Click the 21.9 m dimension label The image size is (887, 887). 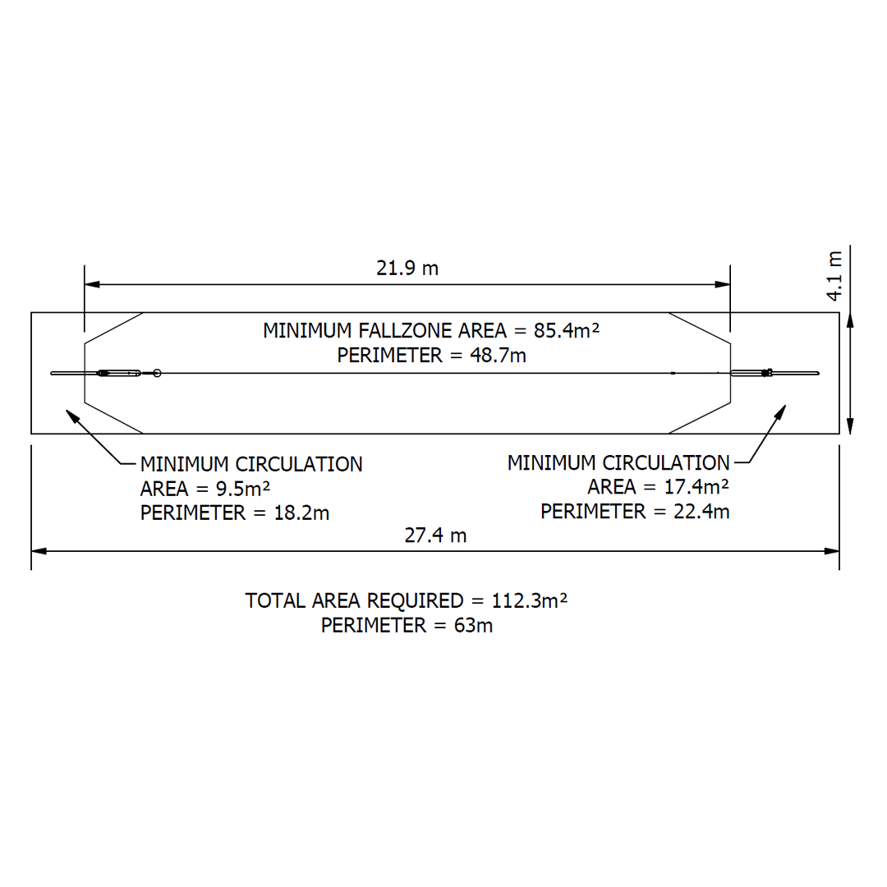click(x=407, y=268)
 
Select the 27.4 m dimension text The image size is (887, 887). click(x=435, y=535)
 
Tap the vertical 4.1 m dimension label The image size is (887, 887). click(x=834, y=276)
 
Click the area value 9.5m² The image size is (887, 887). click(x=243, y=489)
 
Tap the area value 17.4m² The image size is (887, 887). click(x=695, y=487)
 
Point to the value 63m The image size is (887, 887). click(x=473, y=625)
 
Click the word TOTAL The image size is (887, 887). click(x=276, y=600)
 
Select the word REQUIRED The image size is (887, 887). click(x=414, y=600)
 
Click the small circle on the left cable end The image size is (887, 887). click(x=157, y=374)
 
